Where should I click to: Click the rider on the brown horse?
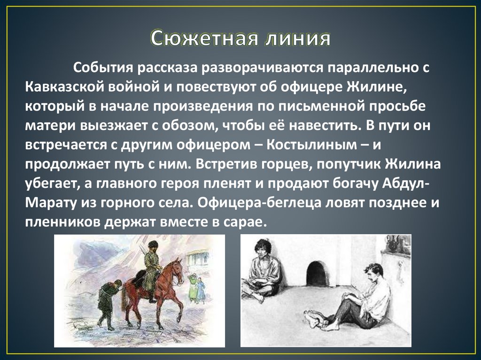pos(152,264)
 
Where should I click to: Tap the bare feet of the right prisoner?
pos(314,321)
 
